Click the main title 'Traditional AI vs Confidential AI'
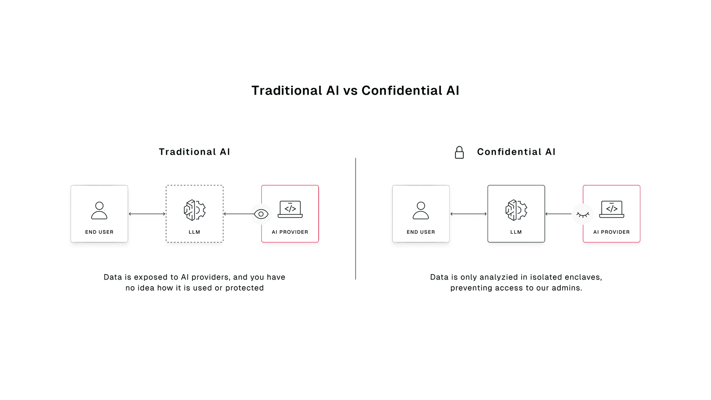355,91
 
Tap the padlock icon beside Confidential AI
459,152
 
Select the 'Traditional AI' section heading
194,152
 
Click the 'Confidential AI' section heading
516,152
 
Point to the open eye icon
261,214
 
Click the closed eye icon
582,215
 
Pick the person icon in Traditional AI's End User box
99,211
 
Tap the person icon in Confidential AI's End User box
420,211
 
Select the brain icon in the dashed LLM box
195,210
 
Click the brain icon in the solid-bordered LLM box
516,210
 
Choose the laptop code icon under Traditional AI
290,209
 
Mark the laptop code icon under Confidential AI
611,209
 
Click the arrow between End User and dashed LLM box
147,214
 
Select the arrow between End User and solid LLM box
468,214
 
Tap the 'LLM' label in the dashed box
195,232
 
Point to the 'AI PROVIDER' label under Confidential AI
611,232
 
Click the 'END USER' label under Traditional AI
99,232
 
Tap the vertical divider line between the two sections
355,218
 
